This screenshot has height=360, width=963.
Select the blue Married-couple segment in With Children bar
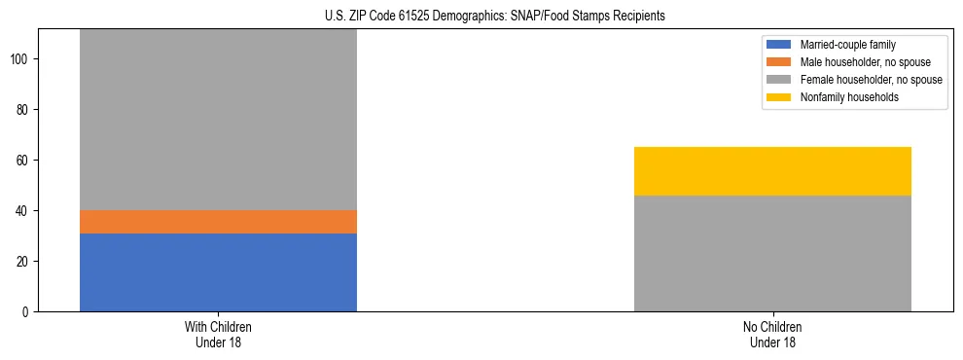(218, 272)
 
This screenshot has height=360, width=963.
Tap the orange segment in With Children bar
(218, 222)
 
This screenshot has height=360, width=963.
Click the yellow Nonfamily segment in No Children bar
(772, 171)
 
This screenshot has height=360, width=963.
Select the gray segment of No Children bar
(772, 253)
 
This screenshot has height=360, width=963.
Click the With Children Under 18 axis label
(218, 334)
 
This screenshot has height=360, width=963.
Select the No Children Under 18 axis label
(772, 334)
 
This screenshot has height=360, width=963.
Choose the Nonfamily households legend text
(843, 97)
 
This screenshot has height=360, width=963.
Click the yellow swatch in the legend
(779, 97)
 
